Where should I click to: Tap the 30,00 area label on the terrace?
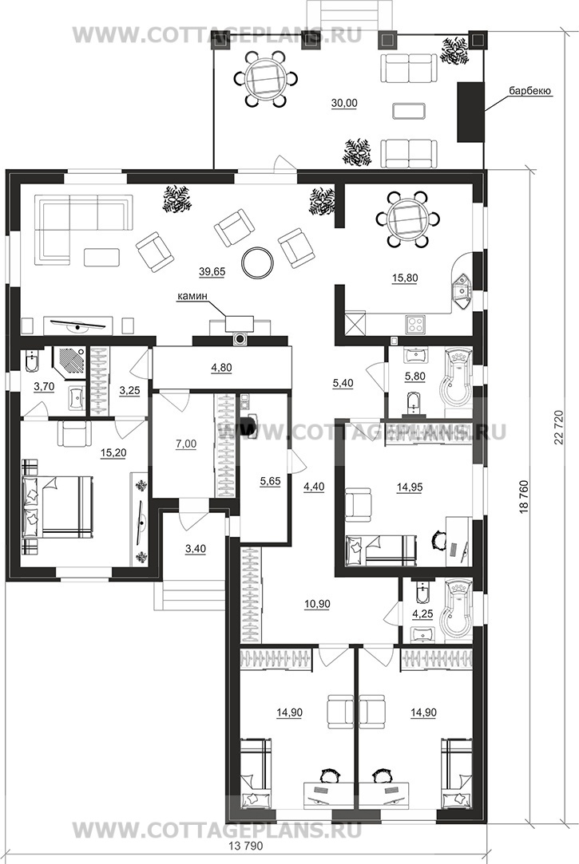click(x=344, y=103)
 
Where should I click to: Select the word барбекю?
click(x=530, y=91)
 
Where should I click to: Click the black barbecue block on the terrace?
click(x=470, y=112)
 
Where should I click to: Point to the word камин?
click(x=192, y=297)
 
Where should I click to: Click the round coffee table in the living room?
click(x=257, y=262)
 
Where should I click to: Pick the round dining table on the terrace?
click(x=262, y=78)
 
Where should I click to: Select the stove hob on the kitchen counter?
click(x=414, y=323)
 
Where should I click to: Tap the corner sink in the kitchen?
click(x=461, y=290)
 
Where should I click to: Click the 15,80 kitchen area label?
click(x=405, y=278)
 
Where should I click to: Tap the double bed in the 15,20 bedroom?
click(x=57, y=507)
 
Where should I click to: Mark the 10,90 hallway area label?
click(x=317, y=605)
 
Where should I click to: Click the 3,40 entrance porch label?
click(x=195, y=549)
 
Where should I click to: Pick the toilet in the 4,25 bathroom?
click(x=422, y=592)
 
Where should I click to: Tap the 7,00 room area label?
click(x=186, y=444)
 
